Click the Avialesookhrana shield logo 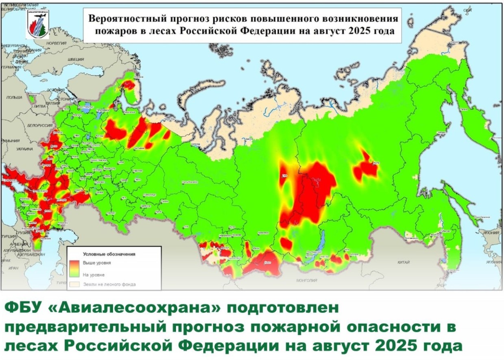coord(37,24)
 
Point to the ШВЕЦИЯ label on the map coord(76,59)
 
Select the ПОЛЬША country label coord(14,98)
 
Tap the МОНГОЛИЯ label coord(307,281)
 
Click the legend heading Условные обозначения coord(109,254)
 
